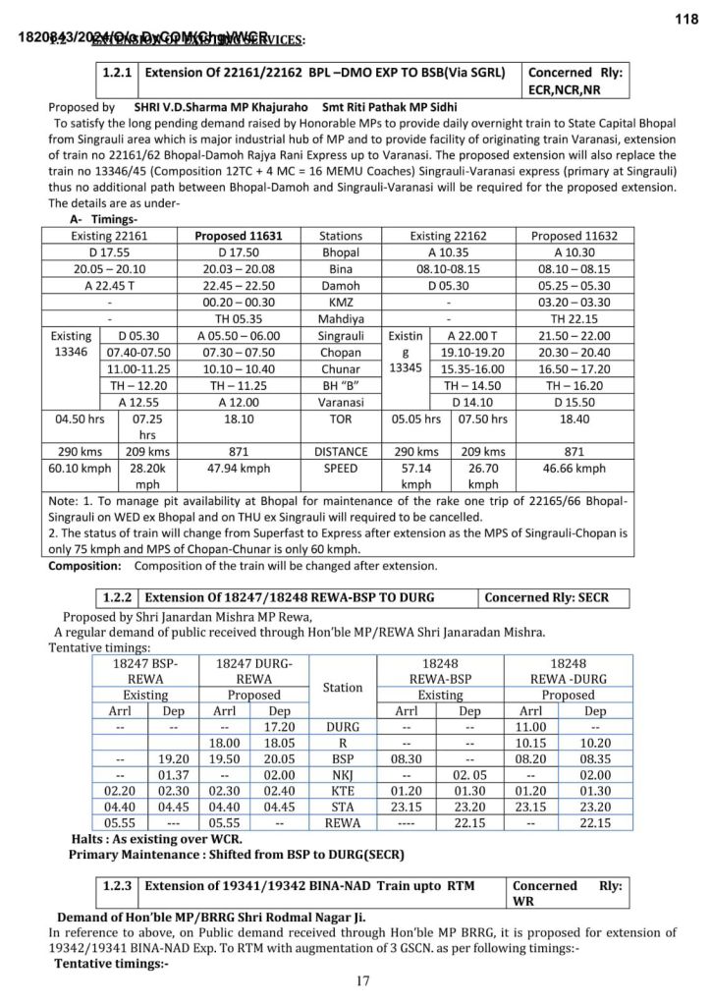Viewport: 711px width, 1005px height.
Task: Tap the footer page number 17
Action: [x=363, y=980]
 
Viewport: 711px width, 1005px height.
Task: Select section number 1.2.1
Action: [x=120, y=73]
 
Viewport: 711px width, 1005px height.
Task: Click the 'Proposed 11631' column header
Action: [x=238, y=237]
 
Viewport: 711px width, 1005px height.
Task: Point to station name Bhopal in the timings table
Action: [x=341, y=252]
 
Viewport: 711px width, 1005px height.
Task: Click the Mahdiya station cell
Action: [x=341, y=319]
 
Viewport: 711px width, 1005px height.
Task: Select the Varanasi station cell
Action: [x=341, y=402]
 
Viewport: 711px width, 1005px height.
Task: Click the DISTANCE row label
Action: [x=341, y=452]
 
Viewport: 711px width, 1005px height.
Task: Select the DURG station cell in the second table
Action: [x=342, y=728]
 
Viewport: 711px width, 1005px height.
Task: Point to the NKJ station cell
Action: [x=342, y=775]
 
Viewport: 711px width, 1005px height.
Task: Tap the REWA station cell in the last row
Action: [x=342, y=823]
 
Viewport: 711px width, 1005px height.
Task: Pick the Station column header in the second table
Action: [x=342, y=688]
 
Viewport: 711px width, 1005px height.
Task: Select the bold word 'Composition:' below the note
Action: [x=85, y=567]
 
